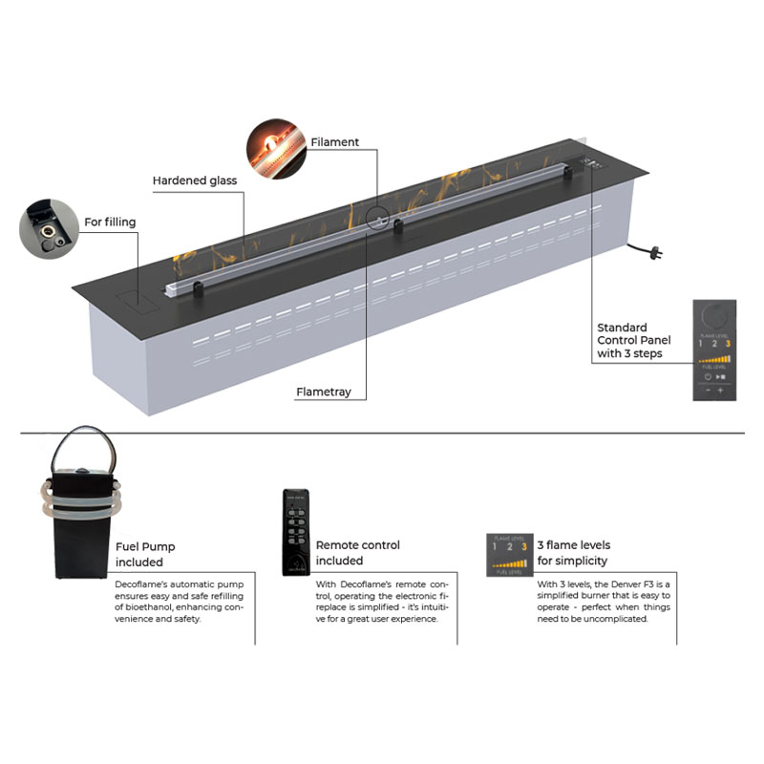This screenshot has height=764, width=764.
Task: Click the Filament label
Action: (334, 142)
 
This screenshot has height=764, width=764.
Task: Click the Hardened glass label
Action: (195, 180)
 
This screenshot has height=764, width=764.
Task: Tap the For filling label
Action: (110, 223)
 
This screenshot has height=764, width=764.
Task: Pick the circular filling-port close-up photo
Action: (49, 228)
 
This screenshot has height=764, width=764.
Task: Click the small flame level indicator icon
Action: (506, 552)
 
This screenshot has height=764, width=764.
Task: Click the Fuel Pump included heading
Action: (145, 555)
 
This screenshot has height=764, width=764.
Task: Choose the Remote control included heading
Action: (358, 553)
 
